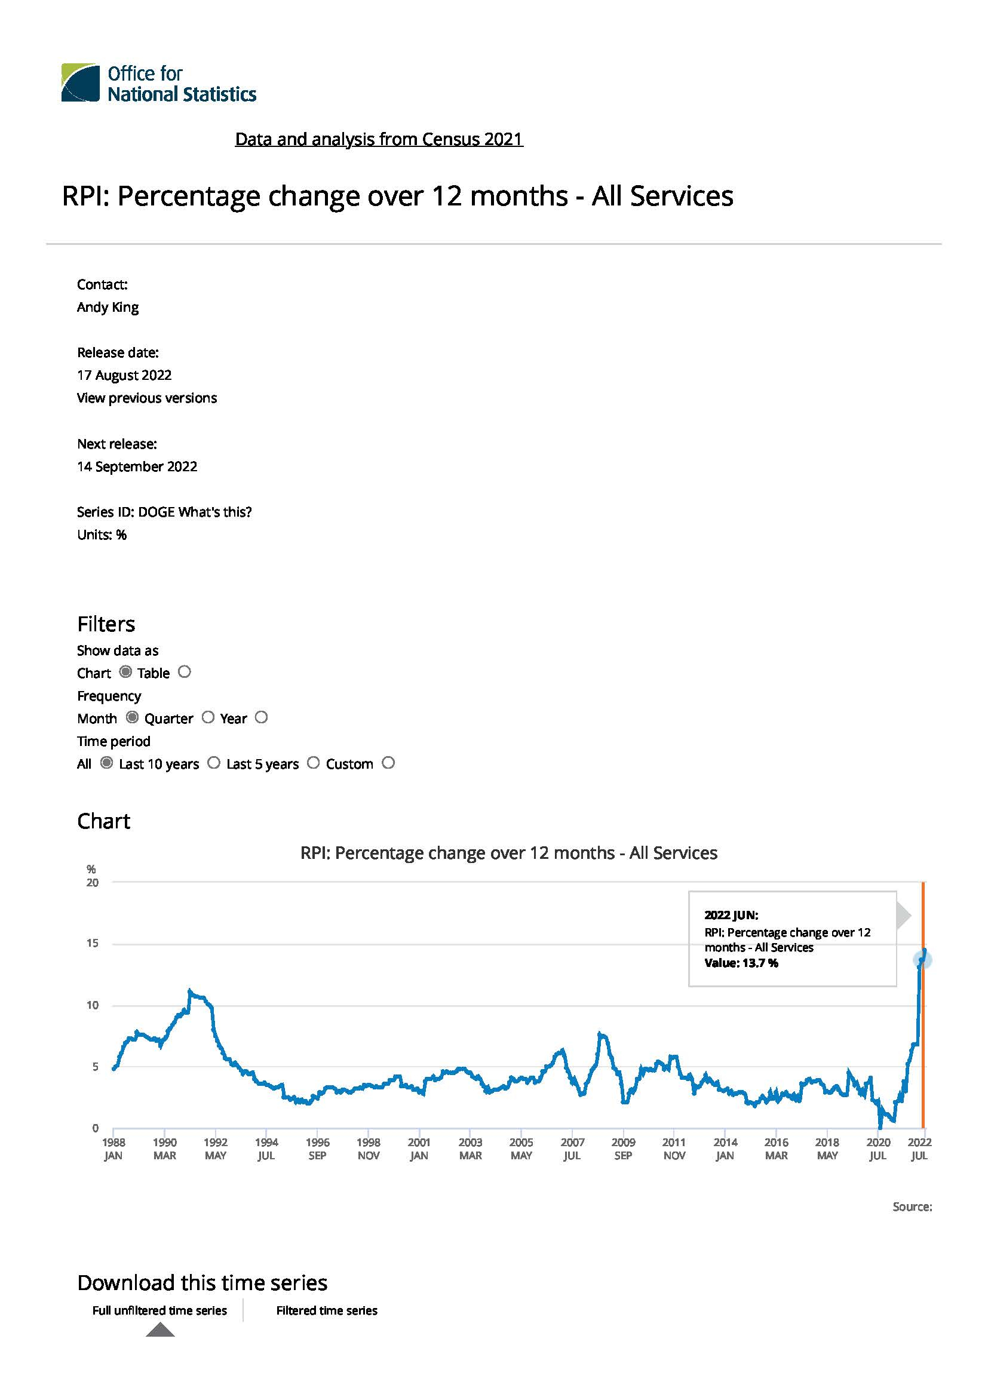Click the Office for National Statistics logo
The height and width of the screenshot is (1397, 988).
click(x=159, y=83)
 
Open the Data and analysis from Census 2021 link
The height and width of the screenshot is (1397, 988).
click(x=379, y=139)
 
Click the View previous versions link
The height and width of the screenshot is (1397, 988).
click(x=146, y=398)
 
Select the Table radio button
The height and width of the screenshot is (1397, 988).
click(x=185, y=672)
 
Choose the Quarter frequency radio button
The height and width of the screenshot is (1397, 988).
click(x=208, y=717)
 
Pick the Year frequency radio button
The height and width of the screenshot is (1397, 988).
click(x=261, y=717)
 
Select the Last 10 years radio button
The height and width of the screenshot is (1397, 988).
click(x=213, y=763)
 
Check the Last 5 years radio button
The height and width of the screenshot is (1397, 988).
click(x=314, y=763)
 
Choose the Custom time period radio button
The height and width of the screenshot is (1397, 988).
click(x=388, y=763)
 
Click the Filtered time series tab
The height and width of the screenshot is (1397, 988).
click(x=327, y=1310)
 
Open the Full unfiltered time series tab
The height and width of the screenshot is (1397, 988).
click(x=159, y=1310)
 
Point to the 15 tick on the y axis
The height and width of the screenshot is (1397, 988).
click(x=93, y=943)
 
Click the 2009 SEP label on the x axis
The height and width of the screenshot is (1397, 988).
click(x=623, y=1149)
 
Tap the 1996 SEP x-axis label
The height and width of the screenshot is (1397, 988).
click(x=318, y=1149)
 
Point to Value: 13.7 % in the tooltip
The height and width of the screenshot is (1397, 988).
click(x=741, y=963)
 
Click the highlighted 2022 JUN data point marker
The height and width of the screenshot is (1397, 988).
click(x=922, y=960)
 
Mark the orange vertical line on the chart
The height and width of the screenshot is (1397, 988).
click(x=923, y=1005)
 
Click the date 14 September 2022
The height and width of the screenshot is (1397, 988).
click(x=137, y=466)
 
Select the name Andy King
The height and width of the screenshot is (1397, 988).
click(x=108, y=307)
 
